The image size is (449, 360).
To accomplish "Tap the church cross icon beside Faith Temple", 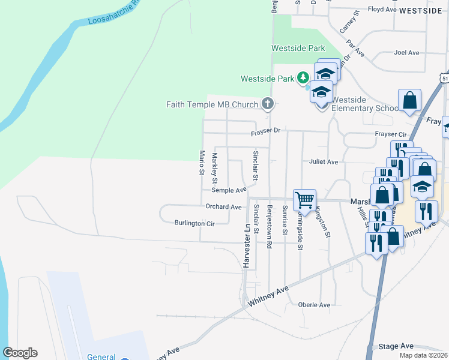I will point(268,104).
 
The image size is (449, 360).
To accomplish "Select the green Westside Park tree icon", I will point(304,78).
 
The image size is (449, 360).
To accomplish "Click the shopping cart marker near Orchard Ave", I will point(304,200).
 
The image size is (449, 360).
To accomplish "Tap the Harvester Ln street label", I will point(246,246).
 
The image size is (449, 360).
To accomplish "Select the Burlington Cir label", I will point(194,223).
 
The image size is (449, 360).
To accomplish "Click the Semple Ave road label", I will point(229,190).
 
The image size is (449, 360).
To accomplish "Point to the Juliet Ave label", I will point(324,162).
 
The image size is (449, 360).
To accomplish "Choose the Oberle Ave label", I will point(314,305).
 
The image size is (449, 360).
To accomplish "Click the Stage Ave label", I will point(396,346).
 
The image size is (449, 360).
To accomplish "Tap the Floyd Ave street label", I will point(382,10).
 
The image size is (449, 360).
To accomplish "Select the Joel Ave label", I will point(406,53).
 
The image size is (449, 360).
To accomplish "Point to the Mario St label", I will point(202,163).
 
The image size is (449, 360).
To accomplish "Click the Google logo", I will point(20,353).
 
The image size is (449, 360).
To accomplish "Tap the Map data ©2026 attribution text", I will point(422,355).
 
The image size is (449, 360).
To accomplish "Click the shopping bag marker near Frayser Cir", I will point(409,100).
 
